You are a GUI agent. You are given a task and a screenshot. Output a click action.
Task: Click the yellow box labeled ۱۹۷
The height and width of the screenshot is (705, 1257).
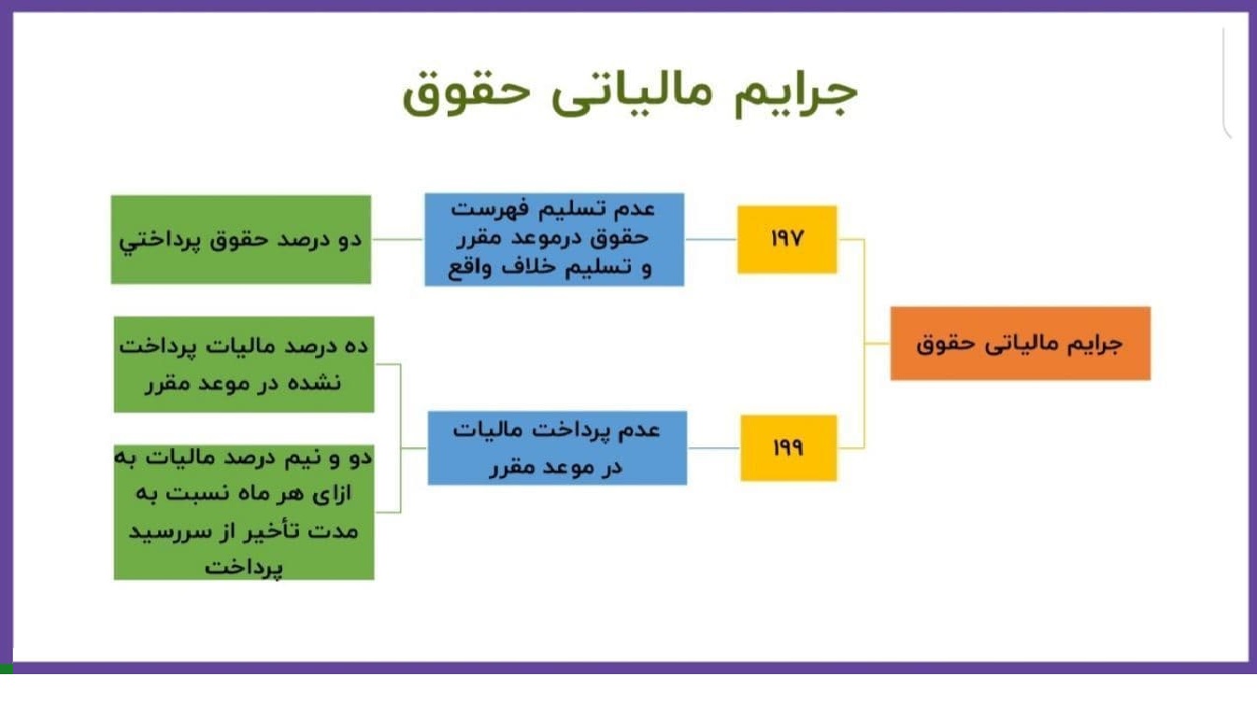pos(787,239)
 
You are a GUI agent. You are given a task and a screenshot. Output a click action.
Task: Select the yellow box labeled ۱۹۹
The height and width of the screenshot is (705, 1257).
pos(789,447)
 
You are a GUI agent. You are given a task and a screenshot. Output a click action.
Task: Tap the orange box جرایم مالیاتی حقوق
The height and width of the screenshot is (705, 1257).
pos(1021,344)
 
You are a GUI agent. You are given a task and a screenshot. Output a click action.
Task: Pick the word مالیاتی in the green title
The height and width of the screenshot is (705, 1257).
pos(632,93)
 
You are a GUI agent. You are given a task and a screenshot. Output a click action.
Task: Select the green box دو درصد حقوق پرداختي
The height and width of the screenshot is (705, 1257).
pos(241,239)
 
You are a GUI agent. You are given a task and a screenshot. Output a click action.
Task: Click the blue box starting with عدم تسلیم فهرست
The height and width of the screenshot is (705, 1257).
pos(554,239)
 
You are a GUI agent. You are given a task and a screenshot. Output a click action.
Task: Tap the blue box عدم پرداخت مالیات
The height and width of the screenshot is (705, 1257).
pos(557,447)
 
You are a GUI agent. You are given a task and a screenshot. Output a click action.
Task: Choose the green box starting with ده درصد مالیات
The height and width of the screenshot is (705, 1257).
pos(244,364)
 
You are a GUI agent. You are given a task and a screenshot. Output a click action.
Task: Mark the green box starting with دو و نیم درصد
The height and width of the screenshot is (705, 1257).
pos(244,512)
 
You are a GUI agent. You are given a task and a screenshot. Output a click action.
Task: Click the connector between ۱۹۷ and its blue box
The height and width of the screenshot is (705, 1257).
pos(711,239)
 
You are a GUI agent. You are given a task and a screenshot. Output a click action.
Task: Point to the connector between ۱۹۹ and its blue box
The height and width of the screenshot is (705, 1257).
pos(714,447)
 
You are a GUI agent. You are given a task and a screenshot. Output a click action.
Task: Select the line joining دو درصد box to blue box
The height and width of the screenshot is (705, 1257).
pos(398,239)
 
